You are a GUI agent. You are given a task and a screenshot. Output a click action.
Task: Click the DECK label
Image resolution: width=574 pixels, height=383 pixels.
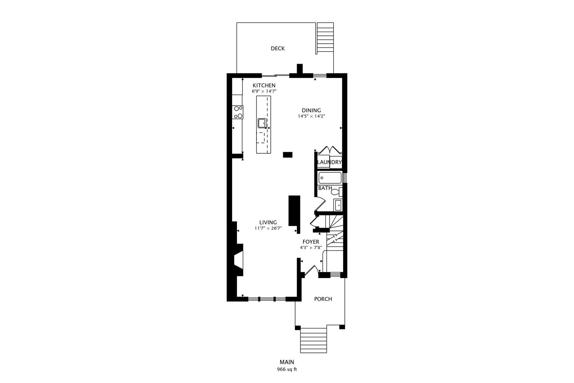point(277,49)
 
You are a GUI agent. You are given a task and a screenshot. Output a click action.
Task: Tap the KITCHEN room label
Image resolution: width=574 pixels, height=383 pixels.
point(264,85)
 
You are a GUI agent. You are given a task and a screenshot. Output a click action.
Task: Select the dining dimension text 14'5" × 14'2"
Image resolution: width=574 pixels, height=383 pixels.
point(311,116)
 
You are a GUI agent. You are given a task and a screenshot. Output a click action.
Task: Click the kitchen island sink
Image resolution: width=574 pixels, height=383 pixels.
point(262,123)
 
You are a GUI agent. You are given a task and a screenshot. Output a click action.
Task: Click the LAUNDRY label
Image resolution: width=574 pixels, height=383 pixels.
point(329,162)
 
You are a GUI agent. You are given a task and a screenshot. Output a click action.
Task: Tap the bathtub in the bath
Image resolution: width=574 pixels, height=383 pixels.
point(330,177)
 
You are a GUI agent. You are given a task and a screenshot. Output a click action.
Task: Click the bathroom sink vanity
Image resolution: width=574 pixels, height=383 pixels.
point(338,205)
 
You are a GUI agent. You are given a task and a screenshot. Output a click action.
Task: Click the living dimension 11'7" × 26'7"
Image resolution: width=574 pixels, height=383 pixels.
point(268,228)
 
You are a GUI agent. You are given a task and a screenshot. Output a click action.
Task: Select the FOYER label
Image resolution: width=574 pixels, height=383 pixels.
point(310,242)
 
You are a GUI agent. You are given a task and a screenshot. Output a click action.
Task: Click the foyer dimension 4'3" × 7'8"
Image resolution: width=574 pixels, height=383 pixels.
point(310,248)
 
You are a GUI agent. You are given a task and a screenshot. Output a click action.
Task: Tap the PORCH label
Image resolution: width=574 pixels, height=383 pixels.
point(323,299)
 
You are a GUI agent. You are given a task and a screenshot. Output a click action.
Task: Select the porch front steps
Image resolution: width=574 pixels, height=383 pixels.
point(313,340)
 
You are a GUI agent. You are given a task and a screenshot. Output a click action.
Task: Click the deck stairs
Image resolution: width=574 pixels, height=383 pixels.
point(325,38)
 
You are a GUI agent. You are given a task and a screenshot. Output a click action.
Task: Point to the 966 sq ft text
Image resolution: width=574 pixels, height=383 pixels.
point(287,370)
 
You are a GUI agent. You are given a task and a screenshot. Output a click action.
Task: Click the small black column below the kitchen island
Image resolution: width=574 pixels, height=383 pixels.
point(287,154)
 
